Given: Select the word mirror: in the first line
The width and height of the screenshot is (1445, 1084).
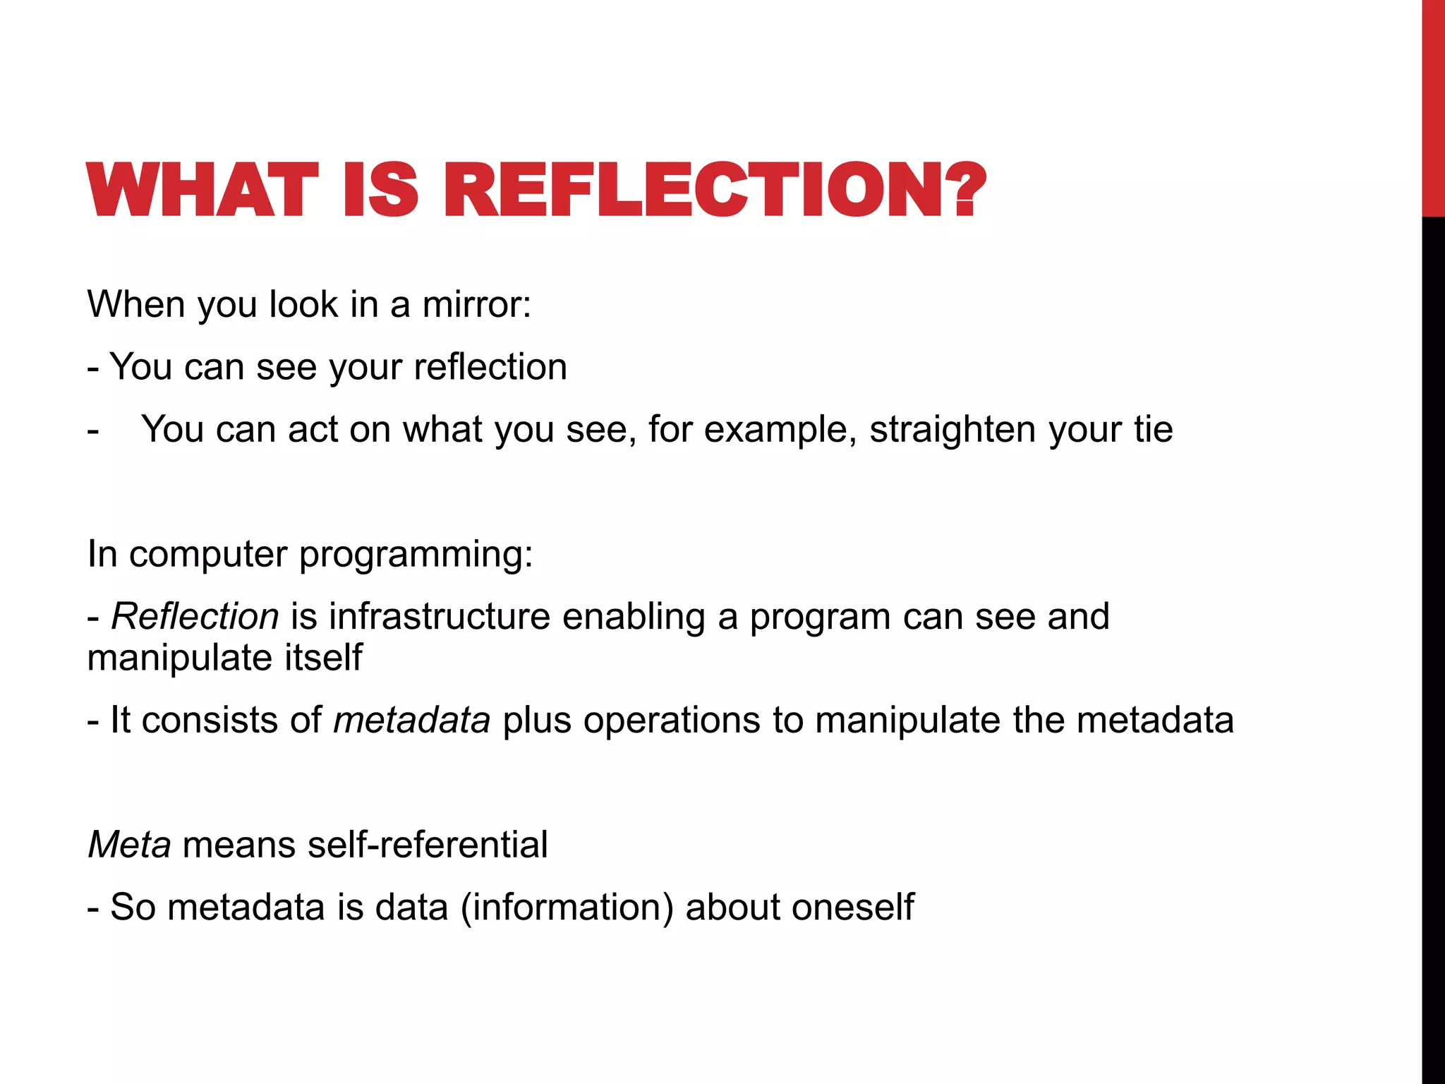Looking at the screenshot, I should click(476, 305).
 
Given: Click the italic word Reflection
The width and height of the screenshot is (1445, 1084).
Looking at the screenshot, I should click(195, 616).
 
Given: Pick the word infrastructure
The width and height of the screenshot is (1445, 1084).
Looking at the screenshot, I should click(439, 616).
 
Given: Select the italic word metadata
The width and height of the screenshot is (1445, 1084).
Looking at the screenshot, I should click(411, 720).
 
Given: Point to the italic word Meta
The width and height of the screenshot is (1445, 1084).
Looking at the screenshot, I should click(129, 844).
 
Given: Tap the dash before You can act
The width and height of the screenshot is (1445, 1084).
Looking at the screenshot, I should click(93, 430).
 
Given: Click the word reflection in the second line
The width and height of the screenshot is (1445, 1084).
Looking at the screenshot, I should click(490, 367).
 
